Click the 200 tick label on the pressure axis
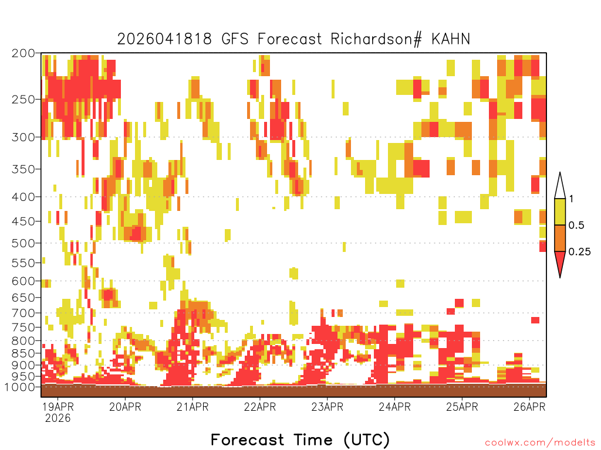tap(23, 53)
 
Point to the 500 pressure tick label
tap(23, 243)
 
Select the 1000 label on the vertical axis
tap(19, 387)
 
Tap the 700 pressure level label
tap(23, 313)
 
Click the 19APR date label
tap(58, 407)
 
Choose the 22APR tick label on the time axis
tap(260, 407)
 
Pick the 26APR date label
tap(529, 407)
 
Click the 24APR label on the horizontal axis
tap(395, 407)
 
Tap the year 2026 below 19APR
tap(58, 418)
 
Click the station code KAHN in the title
tap(451, 39)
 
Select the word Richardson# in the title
tap(376, 39)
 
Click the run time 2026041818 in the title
tap(164, 39)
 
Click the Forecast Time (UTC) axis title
tap(300, 439)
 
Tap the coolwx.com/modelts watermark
tap(540, 443)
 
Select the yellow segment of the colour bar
tap(560, 212)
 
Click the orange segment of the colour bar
tap(560, 238)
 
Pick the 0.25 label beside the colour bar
tap(579, 252)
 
